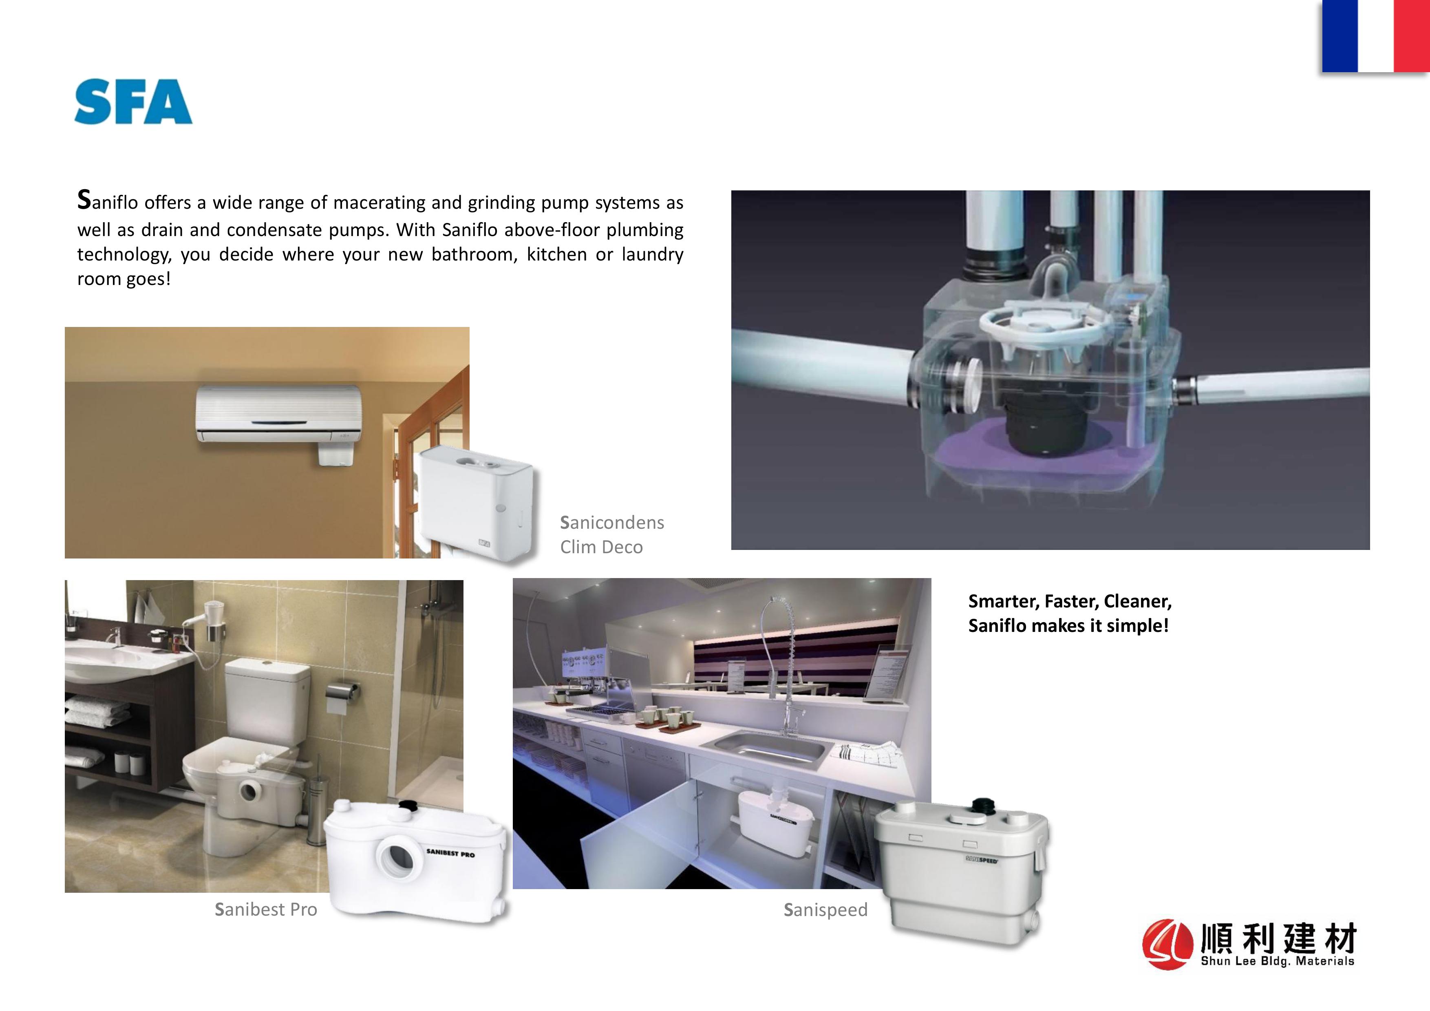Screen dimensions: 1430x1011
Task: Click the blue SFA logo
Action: (x=133, y=101)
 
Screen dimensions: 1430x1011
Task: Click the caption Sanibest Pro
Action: (x=266, y=909)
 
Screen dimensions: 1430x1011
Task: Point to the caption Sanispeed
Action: (x=825, y=910)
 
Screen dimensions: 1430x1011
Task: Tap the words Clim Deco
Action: (x=601, y=547)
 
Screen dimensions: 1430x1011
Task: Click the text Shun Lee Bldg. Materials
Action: (x=1278, y=961)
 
